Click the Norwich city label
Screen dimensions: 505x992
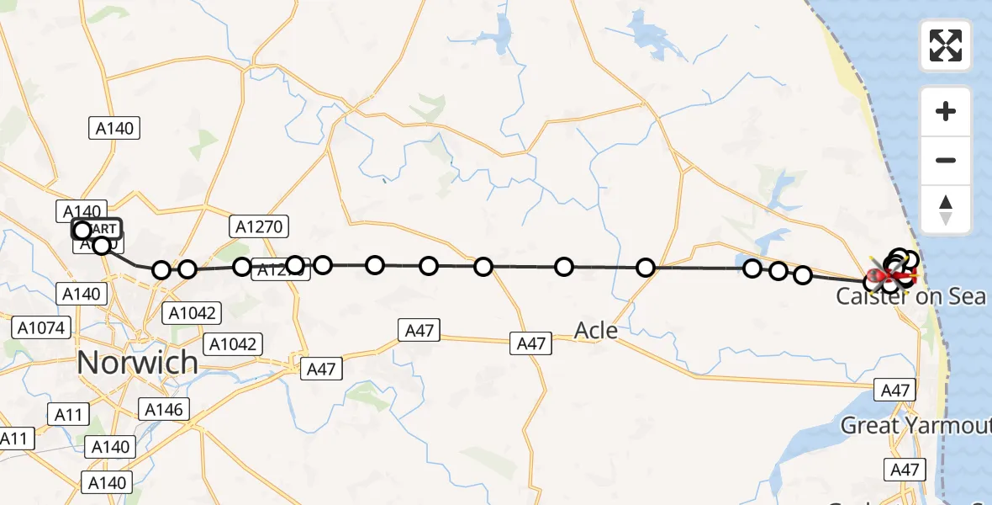(138, 363)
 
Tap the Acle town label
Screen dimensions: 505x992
(595, 330)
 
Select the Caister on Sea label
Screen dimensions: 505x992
(910, 296)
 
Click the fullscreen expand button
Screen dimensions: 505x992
(946, 45)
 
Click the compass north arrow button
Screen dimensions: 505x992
(946, 210)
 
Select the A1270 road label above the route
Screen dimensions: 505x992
(259, 226)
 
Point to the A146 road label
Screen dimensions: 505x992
(165, 410)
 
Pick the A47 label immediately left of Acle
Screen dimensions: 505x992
(530, 343)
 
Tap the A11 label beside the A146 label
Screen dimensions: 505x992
(68, 413)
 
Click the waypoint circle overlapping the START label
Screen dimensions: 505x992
(82, 231)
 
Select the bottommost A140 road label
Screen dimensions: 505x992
(107, 482)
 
